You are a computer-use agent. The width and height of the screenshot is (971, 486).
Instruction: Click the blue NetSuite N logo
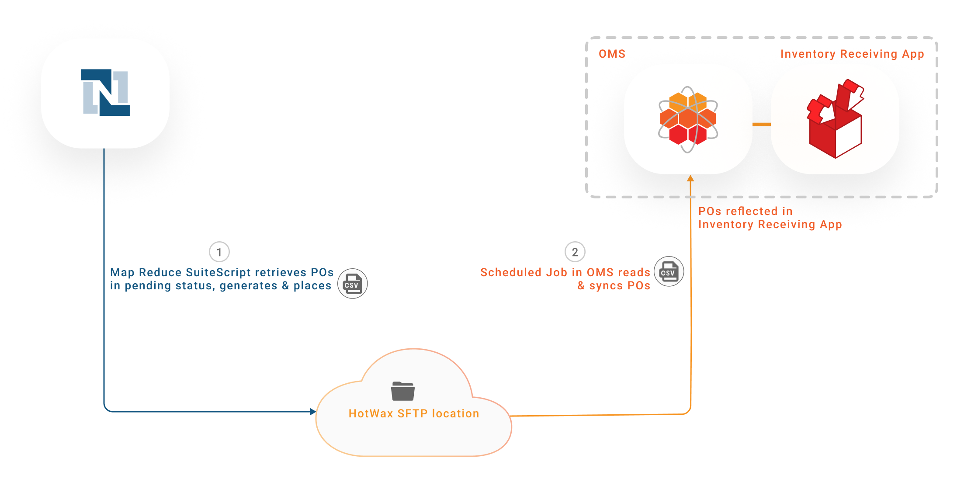click(x=105, y=93)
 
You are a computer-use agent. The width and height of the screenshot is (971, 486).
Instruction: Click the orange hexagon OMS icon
click(x=688, y=119)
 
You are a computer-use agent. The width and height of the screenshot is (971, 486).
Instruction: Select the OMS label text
click(x=612, y=54)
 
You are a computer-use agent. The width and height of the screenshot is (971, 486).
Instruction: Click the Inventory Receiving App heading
click(x=852, y=54)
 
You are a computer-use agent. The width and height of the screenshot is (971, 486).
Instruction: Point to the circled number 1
click(x=219, y=252)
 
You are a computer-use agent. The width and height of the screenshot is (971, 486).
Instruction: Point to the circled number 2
click(x=575, y=252)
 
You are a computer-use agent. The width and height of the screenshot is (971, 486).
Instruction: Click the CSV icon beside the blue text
click(x=353, y=284)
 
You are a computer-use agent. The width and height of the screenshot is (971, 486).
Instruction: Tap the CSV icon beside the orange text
click(x=669, y=271)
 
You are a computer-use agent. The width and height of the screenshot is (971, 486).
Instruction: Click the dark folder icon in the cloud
click(x=403, y=391)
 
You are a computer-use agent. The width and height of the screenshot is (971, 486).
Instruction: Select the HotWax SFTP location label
click(x=414, y=413)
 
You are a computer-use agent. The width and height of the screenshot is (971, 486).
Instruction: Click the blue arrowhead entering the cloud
click(x=312, y=412)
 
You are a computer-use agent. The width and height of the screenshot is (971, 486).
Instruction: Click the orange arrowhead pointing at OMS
click(x=690, y=178)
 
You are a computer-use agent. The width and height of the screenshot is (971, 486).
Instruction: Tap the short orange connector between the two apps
click(x=761, y=125)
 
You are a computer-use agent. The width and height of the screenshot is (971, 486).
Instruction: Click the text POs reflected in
click(x=745, y=211)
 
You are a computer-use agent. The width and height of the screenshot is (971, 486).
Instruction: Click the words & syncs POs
click(x=614, y=286)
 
